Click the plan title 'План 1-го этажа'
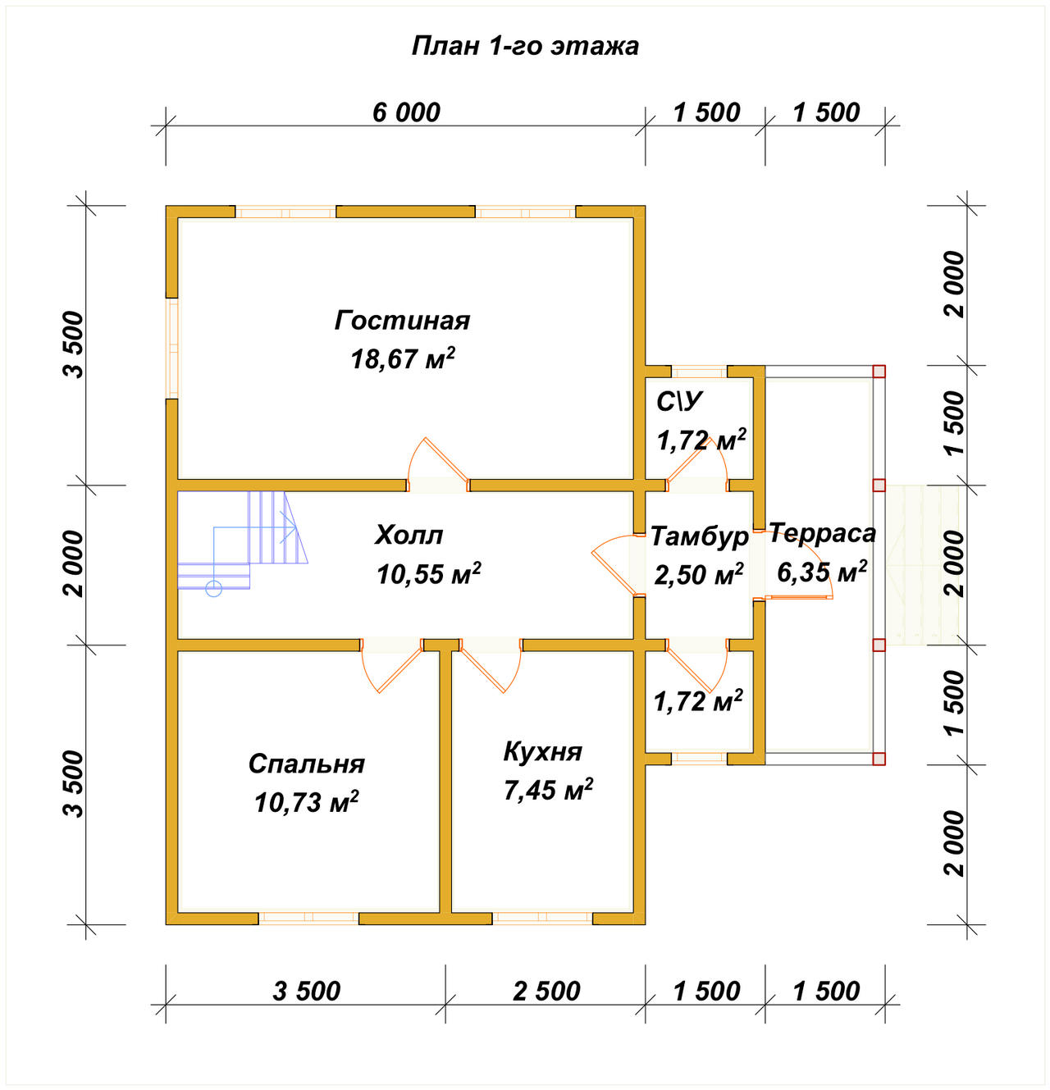coord(525,46)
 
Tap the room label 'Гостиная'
coord(402,321)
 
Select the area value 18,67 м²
coord(402,358)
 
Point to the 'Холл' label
coord(409,536)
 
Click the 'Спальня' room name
coord(307,764)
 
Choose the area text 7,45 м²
coord(548,790)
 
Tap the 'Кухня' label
coord(543,752)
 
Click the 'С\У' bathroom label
coord(679,401)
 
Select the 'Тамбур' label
coord(699,536)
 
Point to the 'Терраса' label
coord(822,533)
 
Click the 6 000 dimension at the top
coord(406,112)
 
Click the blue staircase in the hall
coord(242,542)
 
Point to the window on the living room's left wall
coord(172,349)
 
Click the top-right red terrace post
coord(879,372)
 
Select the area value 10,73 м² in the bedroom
coord(307,802)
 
